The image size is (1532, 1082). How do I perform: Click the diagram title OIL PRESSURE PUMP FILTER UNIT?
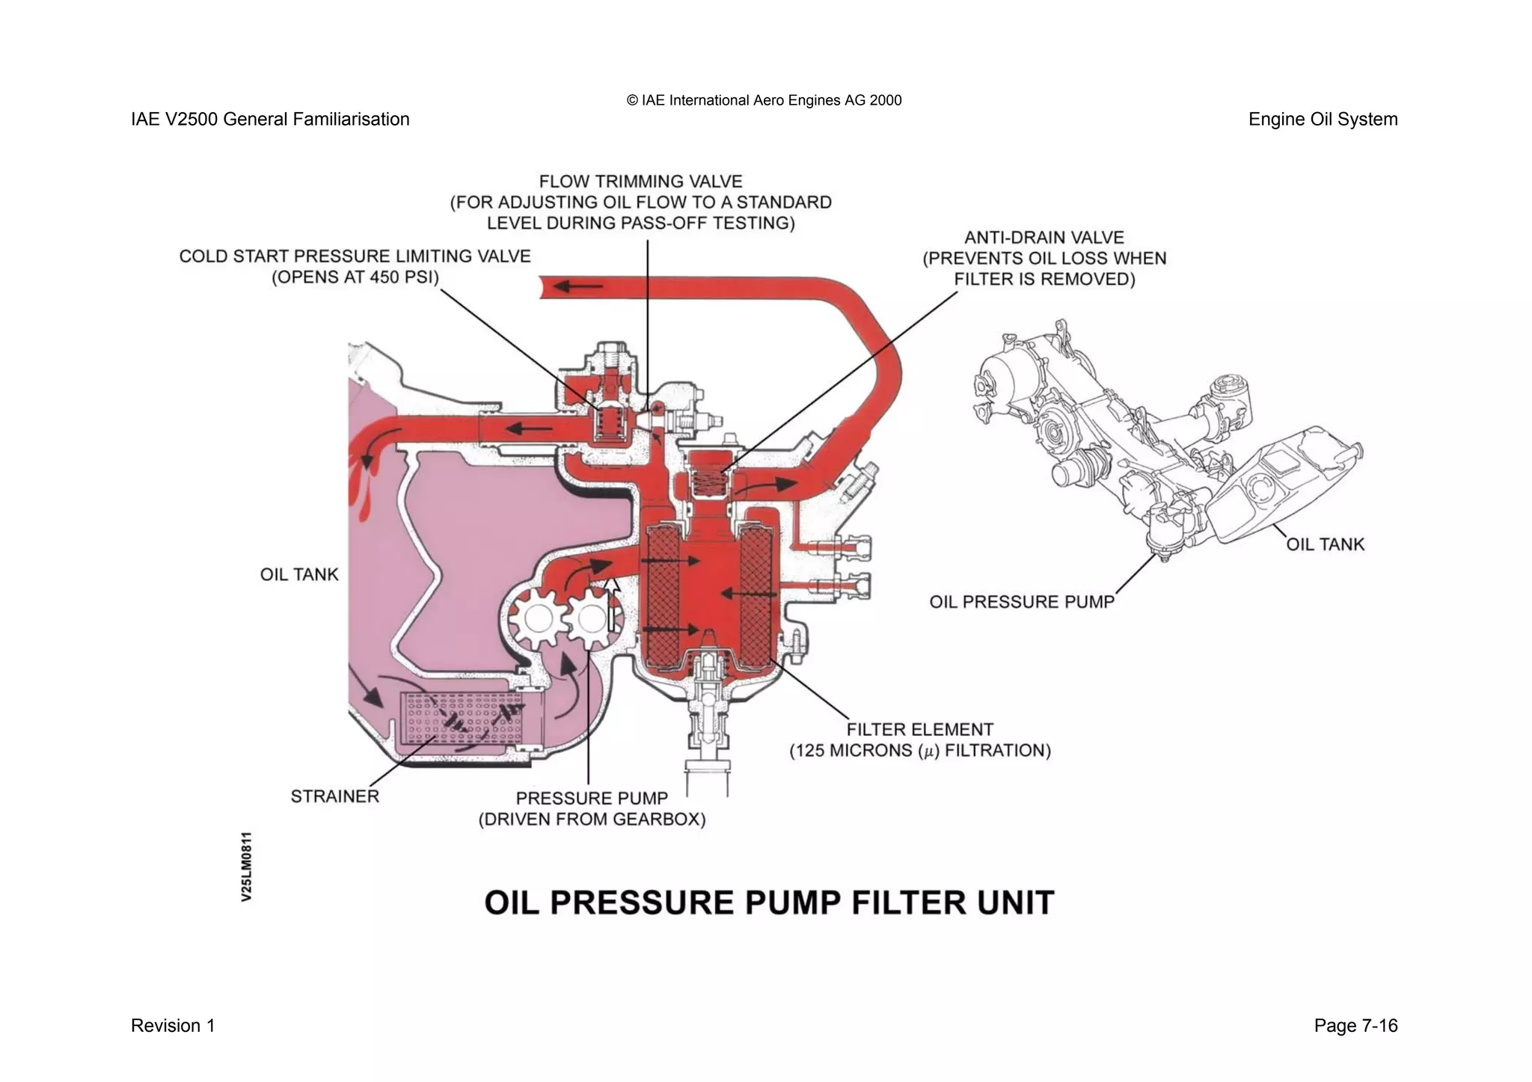pyautogui.click(x=769, y=903)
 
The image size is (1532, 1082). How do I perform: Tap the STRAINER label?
pyautogui.click(x=334, y=796)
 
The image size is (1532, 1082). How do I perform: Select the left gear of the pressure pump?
pyautogui.click(x=536, y=619)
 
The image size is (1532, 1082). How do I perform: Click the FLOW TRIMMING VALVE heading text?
pyautogui.click(x=640, y=182)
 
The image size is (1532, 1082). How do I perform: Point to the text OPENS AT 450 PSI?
pyautogui.click(x=355, y=277)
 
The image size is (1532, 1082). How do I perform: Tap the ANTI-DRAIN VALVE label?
pyautogui.click(x=1044, y=238)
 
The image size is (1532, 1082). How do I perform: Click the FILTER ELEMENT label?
pyautogui.click(x=919, y=729)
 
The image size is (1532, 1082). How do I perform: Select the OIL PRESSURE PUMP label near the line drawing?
pyautogui.click(x=1021, y=602)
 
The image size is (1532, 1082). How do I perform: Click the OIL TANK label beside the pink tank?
pyautogui.click(x=299, y=574)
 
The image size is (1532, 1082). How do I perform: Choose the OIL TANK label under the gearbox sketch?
pyautogui.click(x=1325, y=544)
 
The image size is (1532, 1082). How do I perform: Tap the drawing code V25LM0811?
pyautogui.click(x=247, y=866)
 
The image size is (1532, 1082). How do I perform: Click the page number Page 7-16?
pyautogui.click(x=1355, y=1026)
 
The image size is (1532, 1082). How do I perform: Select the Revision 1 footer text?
pyautogui.click(x=173, y=1026)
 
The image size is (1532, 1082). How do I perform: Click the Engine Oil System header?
pyautogui.click(x=1322, y=120)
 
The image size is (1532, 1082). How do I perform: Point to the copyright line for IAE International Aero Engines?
pyautogui.click(x=764, y=100)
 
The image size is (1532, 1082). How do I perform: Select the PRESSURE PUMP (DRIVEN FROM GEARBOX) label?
pyautogui.click(x=592, y=808)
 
